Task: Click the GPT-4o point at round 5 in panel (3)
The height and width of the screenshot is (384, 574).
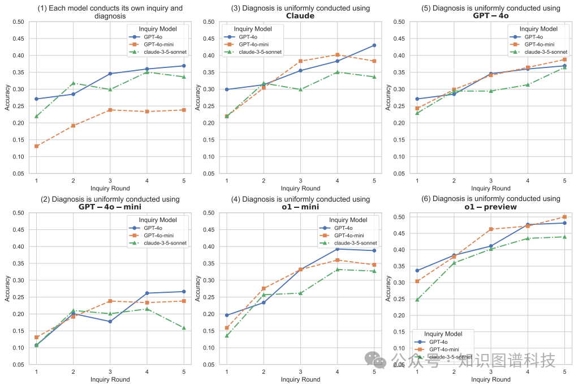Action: (x=374, y=45)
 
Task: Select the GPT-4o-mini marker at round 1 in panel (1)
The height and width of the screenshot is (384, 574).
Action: (x=36, y=146)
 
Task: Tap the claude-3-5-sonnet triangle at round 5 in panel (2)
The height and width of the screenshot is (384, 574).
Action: (x=184, y=327)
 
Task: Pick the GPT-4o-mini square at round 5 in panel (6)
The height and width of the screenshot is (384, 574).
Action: (x=564, y=217)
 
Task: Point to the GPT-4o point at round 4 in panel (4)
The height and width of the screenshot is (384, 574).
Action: (x=337, y=249)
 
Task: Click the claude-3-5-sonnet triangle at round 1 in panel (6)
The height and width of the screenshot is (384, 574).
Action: (x=417, y=299)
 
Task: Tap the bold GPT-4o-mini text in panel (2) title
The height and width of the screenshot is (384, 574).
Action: (x=110, y=207)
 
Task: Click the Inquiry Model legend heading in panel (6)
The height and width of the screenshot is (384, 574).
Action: (x=443, y=334)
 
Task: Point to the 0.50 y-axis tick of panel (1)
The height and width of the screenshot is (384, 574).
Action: (x=18, y=22)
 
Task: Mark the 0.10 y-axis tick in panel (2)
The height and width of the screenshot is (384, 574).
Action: (x=18, y=348)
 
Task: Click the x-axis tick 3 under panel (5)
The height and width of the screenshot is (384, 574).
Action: (x=490, y=180)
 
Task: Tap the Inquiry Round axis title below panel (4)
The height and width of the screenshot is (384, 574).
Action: (x=300, y=379)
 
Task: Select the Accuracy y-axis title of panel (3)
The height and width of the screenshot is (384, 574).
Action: (x=198, y=97)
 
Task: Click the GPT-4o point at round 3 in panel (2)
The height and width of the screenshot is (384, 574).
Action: (x=110, y=321)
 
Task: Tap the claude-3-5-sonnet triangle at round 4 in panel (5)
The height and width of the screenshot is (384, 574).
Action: (x=528, y=84)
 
